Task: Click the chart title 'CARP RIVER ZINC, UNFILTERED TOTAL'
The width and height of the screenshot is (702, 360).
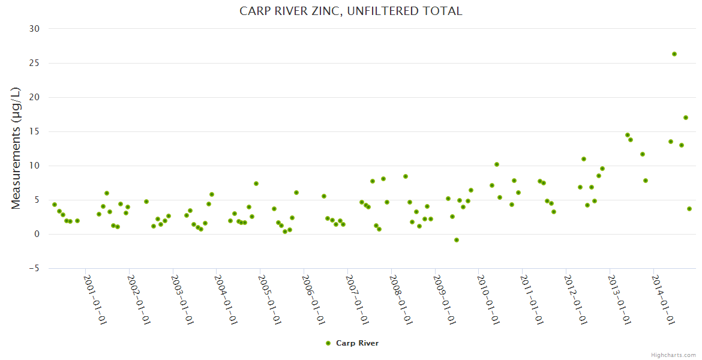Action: coord(351,11)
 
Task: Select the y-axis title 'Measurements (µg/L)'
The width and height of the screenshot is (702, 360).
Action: coord(16,148)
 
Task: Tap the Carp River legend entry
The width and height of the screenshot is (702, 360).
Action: coord(352,343)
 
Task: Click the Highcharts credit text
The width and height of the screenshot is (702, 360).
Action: coord(673,355)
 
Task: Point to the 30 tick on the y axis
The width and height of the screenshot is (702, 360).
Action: coord(34,29)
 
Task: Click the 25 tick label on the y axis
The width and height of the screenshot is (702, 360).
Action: coord(34,63)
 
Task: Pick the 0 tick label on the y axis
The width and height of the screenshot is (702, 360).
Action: coord(37,235)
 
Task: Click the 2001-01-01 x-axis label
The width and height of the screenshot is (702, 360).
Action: coord(95,299)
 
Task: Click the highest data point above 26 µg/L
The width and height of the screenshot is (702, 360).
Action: coord(674,54)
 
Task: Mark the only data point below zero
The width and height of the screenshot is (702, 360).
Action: coord(457,240)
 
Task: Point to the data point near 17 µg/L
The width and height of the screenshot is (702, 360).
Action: coord(686,118)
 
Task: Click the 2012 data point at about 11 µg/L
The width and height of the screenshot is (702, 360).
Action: coord(584,159)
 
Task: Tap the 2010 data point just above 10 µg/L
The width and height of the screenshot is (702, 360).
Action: coord(497,164)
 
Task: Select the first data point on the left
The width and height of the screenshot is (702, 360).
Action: coord(55,205)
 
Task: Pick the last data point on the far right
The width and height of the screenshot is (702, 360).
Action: coord(689,209)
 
